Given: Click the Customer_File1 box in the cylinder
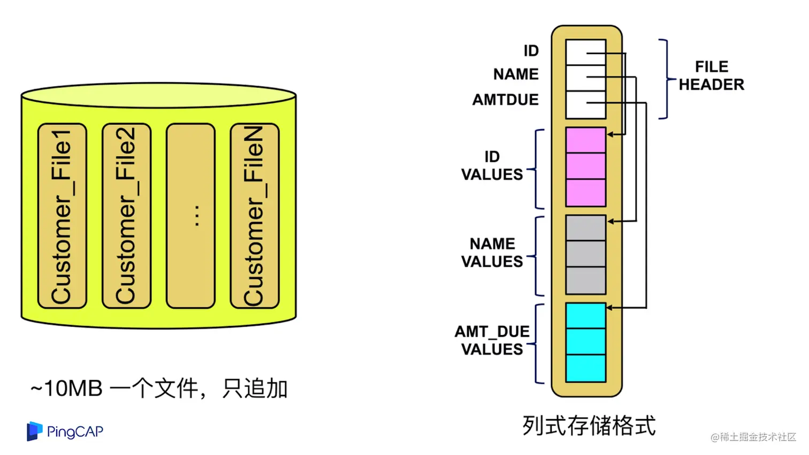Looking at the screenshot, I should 62,216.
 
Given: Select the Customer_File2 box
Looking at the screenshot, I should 126,216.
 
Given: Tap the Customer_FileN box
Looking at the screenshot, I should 255,216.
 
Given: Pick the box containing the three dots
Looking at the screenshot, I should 190,216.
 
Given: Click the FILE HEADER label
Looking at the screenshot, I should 711,75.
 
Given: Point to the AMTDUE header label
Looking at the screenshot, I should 505,100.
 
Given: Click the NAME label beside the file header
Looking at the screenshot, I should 516,74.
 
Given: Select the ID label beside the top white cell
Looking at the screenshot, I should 531,51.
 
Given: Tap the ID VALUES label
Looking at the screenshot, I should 492,165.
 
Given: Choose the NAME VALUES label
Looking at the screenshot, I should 492,253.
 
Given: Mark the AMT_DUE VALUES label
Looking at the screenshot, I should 492,340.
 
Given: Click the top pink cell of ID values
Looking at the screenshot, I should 586,140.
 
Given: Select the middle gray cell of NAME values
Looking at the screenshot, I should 586,254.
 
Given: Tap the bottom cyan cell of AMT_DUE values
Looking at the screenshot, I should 586,368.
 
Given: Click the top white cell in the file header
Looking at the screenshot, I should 586,52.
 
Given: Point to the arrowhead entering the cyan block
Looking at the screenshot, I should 610,308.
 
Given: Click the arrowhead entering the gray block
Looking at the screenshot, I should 610,221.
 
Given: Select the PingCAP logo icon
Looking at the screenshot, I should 34,431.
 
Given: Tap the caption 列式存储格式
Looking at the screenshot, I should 589,426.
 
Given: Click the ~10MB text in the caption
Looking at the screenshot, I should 66,389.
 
